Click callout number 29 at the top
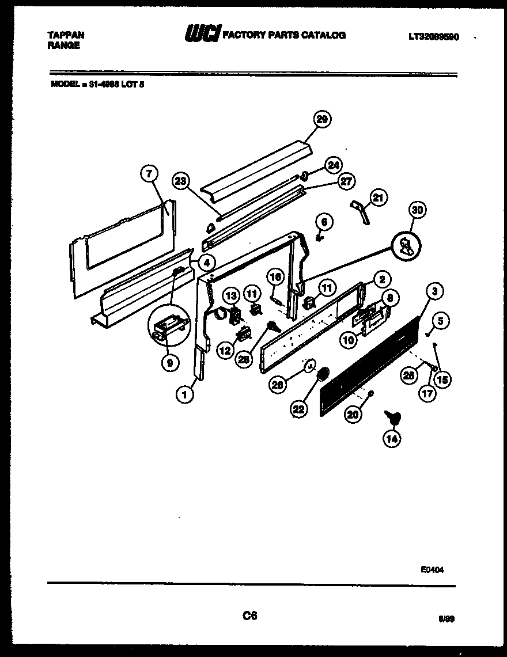pos(323,119)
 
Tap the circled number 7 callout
pos(149,173)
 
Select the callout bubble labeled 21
pos(378,198)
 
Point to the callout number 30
pos(418,211)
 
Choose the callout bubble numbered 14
pos(393,439)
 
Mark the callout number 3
pos(435,292)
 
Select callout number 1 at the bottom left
pos(184,394)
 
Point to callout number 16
pos(275,278)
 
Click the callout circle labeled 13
pos(230,296)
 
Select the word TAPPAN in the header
pos(65,35)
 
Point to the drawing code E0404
pos(432,569)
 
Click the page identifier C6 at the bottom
pos(249,616)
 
